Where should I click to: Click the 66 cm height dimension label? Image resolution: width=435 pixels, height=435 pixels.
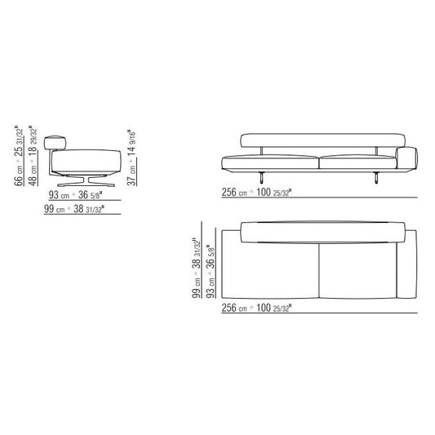[20, 156]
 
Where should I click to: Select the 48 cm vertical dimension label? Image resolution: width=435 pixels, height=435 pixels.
[33, 156]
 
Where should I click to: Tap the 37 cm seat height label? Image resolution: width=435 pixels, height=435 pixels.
[131, 158]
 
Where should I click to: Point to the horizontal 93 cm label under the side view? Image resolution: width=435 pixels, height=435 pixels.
[75, 195]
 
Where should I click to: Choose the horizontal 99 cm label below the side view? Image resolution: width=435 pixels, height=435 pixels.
[74, 209]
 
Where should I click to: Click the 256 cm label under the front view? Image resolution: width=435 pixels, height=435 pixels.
[256, 192]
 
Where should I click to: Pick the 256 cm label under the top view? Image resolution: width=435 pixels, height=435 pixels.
[256, 308]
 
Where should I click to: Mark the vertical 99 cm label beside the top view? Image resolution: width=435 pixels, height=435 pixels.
[197, 268]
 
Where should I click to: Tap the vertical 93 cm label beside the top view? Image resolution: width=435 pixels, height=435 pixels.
[211, 271]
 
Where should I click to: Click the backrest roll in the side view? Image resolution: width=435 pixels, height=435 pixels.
[55, 143]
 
